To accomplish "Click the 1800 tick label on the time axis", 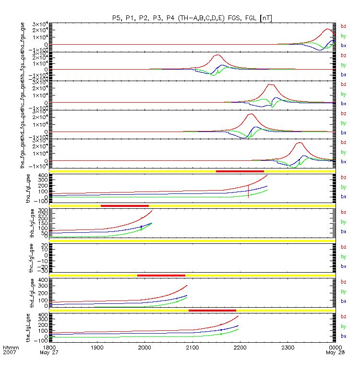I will click(48, 346).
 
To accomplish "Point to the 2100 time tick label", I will click(192, 346).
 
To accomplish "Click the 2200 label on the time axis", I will click(240, 346).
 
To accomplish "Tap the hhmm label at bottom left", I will click(10, 346).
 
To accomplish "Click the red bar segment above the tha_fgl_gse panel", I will click(240, 171).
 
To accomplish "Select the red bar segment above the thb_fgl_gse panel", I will click(125, 205).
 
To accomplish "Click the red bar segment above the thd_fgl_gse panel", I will click(161, 275).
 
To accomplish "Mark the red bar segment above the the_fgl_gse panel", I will click(212, 310).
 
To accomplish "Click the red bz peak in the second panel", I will click(217, 55).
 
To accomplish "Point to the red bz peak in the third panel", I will click(271, 85).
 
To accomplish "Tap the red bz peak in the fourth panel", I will click(250, 114).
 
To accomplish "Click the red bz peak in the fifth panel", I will click(299, 143).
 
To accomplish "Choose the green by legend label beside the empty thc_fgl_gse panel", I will click(344, 257).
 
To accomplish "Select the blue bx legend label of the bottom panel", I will click(344, 336).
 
